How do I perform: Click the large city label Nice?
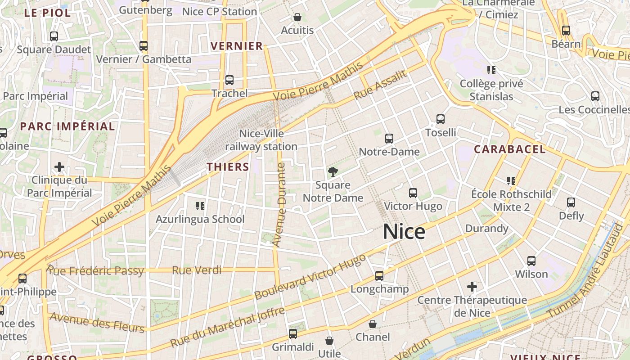[404, 232]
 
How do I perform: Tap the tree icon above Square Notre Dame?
[333, 171]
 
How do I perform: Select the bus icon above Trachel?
[229, 80]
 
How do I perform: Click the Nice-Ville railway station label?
[261, 140]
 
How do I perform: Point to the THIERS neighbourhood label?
[228, 167]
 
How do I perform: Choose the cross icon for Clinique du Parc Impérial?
[59, 167]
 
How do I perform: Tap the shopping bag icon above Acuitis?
[297, 18]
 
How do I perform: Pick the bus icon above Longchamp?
[379, 275]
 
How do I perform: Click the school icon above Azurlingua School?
[200, 206]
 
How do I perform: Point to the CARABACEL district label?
[509, 149]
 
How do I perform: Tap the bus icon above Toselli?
[441, 119]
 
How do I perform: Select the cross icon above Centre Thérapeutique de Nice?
[472, 287]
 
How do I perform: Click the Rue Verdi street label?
[197, 270]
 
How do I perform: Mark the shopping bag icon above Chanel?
[373, 324]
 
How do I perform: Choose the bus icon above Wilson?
[531, 261]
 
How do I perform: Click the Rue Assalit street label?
[380, 85]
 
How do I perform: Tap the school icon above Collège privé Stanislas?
[491, 70]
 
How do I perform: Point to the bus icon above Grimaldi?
[293, 333]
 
